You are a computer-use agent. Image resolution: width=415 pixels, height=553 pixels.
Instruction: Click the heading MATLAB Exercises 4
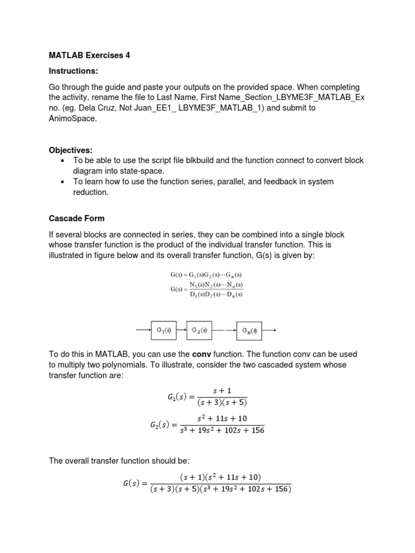[x=89, y=55]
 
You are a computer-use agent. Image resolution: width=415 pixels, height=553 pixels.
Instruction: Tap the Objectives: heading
[x=71, y=150]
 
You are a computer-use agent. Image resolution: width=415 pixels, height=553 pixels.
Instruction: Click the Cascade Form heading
[x=77, y=219]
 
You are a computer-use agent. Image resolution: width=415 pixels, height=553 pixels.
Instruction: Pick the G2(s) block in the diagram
[x=199, y=331]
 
